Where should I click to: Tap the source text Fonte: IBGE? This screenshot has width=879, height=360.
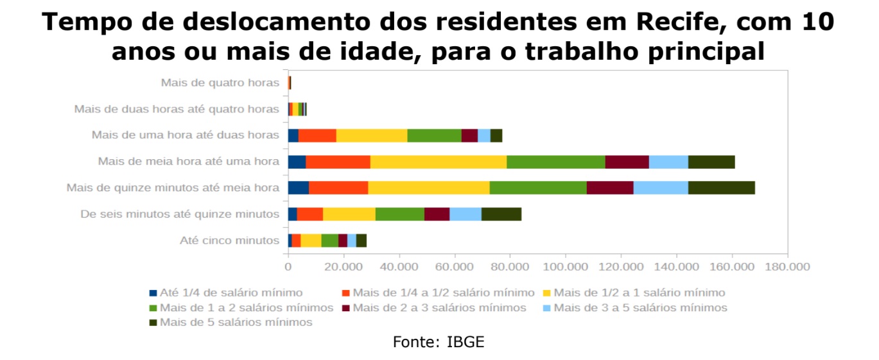pyautogui.click(x=439, y=342)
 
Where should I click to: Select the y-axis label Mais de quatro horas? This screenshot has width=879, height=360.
pyautogui.click(x=220, y=83)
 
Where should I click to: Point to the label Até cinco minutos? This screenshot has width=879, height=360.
pyautogui.click(x=229, y=241)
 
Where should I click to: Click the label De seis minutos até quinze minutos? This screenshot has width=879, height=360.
pyautogui.click(x=180, y=214)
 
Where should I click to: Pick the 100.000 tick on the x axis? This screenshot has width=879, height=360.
pyautogui.click(x=565, y=266)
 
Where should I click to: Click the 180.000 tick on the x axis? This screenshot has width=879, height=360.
pyautogui.click(x=787, y=266)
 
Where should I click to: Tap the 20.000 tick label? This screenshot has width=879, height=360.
pyautogui.click(x=343, y=266)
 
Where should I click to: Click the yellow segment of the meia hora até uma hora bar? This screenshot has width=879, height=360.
pyautogui.click(x=438, y=162)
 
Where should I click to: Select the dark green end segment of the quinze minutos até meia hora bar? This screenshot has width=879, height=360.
pyautogui.click(x=721, y=188)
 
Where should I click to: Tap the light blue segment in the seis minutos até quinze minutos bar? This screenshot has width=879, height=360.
pyautogui.click(x=465, y=214)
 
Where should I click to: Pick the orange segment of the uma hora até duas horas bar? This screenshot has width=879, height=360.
pyautogui.click(x=317, y=135)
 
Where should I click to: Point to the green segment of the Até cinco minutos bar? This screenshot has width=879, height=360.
pyautogui.click(x=329, y=241)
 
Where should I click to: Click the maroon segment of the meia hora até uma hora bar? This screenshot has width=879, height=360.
pyautogui.click(x=627, y=162)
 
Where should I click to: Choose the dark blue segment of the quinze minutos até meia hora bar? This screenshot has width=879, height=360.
pyautogui.click(x=298, y=188)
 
